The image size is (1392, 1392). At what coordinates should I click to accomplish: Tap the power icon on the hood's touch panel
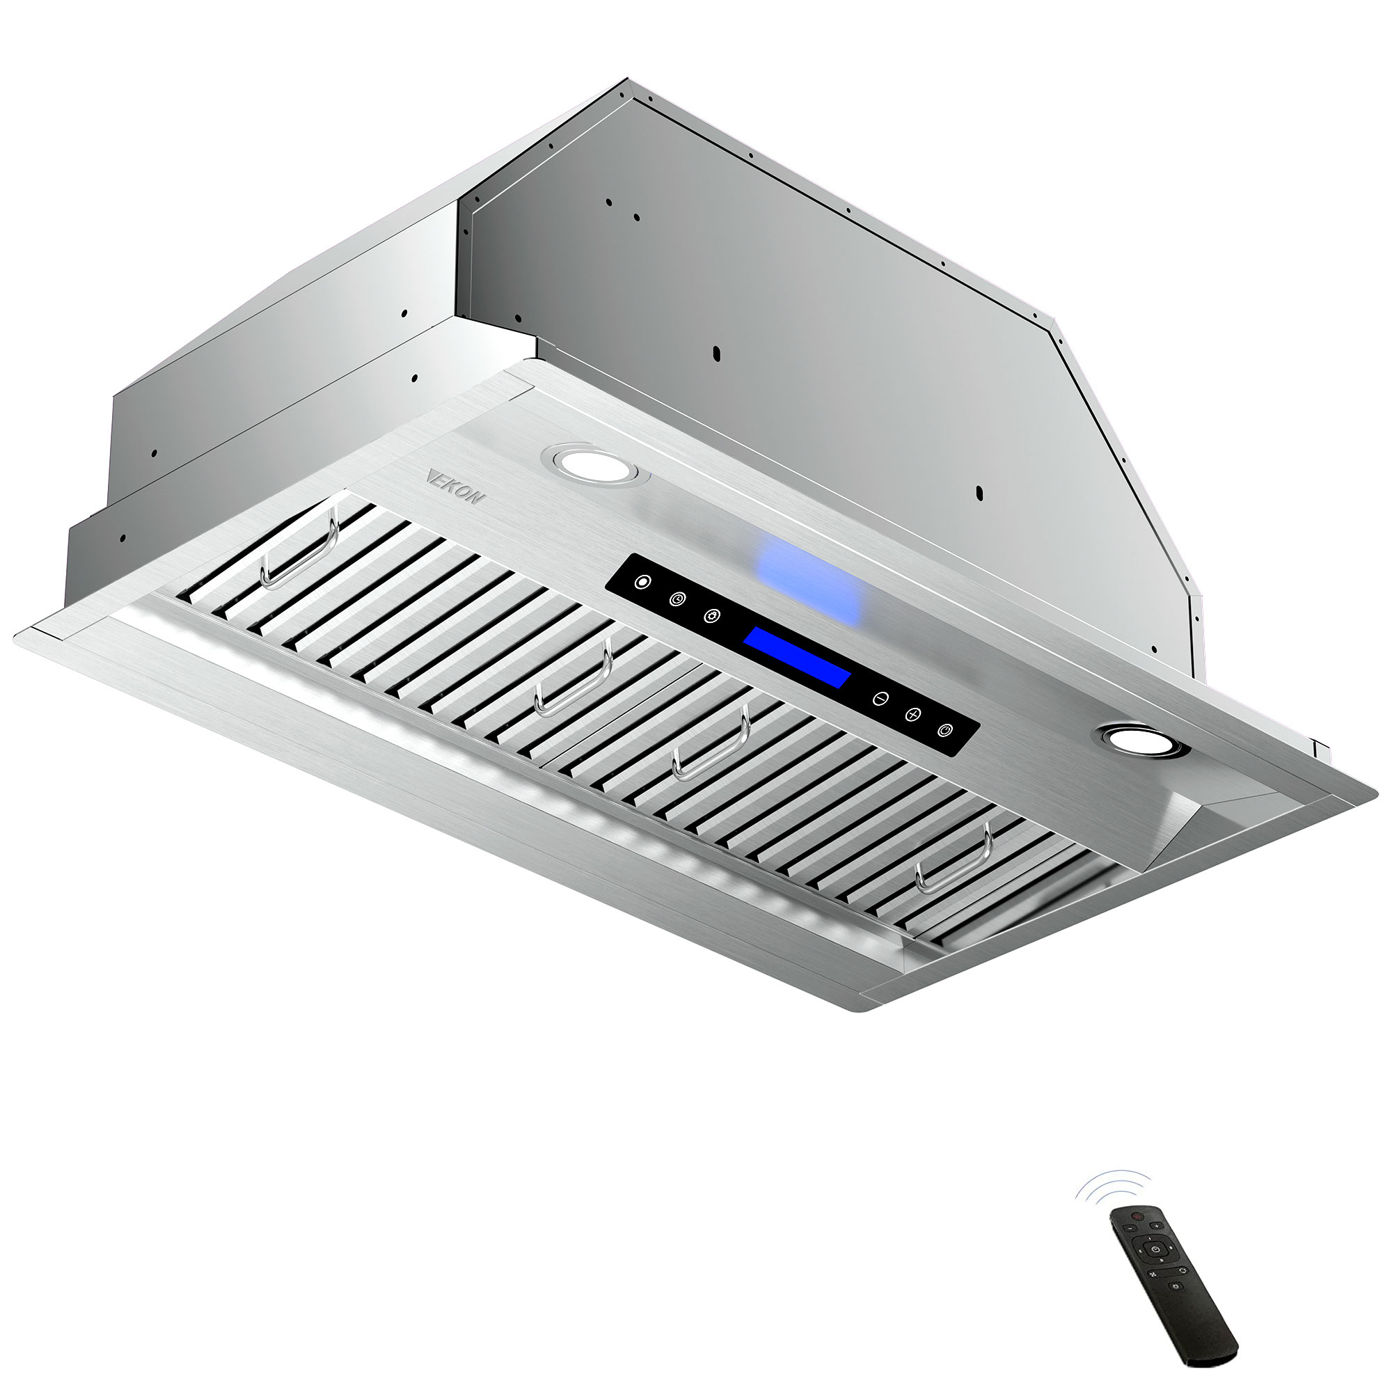coord(948,731)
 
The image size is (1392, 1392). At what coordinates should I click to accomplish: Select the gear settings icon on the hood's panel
coord(712,617)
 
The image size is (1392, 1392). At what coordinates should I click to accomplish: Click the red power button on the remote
coord(1139,1217)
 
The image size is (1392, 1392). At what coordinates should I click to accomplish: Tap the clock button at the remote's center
coord(1156,1250)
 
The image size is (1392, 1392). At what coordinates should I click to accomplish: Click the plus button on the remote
coord(1157,1226)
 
